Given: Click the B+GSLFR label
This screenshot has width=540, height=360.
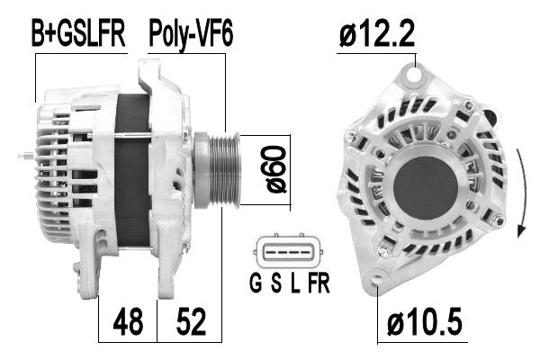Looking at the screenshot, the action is pyautogui.click(x=78, y=33).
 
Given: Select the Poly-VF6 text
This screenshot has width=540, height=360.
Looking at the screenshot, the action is pyautogui.click(x=191, y=35).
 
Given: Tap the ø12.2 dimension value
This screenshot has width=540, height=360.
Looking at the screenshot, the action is pyautogui.click(x=377, y=32).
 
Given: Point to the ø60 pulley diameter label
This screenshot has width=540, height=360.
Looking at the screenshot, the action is pyautogui.click(x=276, y=169).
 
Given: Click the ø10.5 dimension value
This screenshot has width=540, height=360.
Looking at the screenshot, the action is pyautogui.click(x=424, y=322).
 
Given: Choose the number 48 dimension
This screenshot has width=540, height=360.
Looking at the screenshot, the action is pyautogui.click(x=128, y=322).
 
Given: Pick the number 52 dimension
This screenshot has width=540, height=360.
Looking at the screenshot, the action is pyautogui.click(x=191, y=322).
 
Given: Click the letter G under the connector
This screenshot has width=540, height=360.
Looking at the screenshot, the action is pyautogui.click(x=256, y=283).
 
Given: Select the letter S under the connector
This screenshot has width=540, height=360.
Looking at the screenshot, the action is pyautogui.click(x=276, y=283).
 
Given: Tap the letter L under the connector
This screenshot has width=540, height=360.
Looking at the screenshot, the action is pyautogui.click(x=295, y=283).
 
